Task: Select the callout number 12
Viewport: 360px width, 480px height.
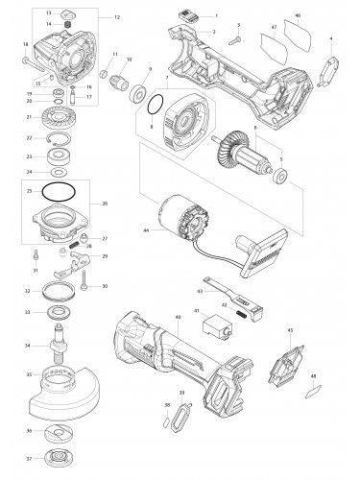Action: pos(117,18)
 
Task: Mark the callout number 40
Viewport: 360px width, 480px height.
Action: pos(178,316)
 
